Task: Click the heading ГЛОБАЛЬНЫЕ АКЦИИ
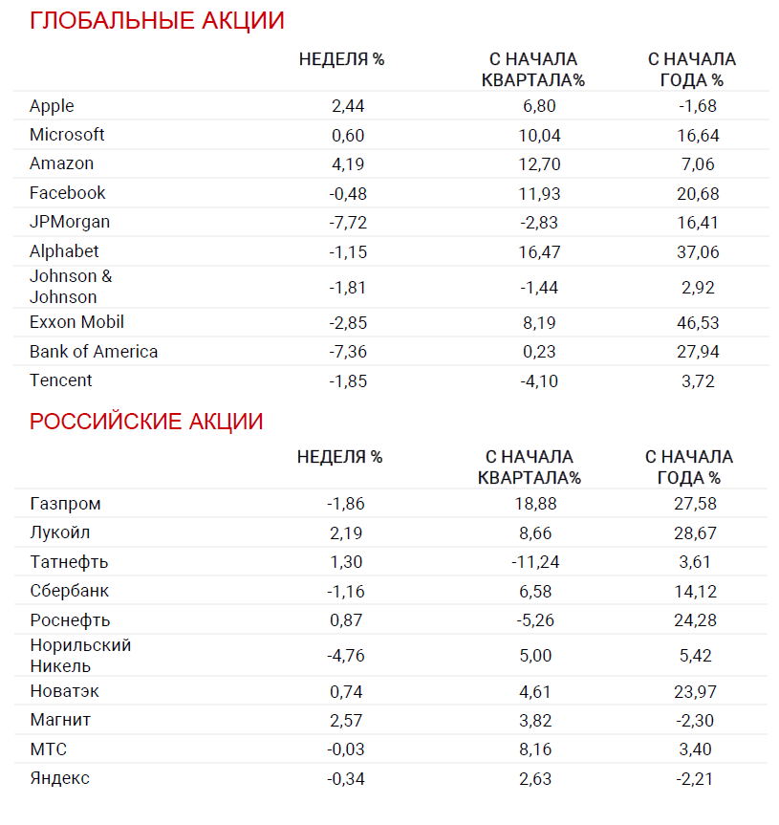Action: tap(157, 21)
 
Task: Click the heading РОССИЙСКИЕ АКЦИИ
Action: tap(146, 422)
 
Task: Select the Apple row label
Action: tap(52, 106)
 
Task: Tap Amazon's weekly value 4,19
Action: tap(348, 164)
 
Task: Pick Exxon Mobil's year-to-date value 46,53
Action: tap(697, 323)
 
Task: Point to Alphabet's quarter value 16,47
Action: tap(539, 252)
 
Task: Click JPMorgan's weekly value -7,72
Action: tap(348, 223)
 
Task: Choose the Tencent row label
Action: tap(61, 380)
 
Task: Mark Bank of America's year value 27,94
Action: tap(697, 352)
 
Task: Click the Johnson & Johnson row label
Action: tap(71, 287)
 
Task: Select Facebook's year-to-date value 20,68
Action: tap(697, 193)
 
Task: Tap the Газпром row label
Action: tap(65, 504)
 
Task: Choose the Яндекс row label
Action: tap(59, 778)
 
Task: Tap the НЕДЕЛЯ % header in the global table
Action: tap(341, 59)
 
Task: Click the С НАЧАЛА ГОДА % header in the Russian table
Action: tap(689, 467)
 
